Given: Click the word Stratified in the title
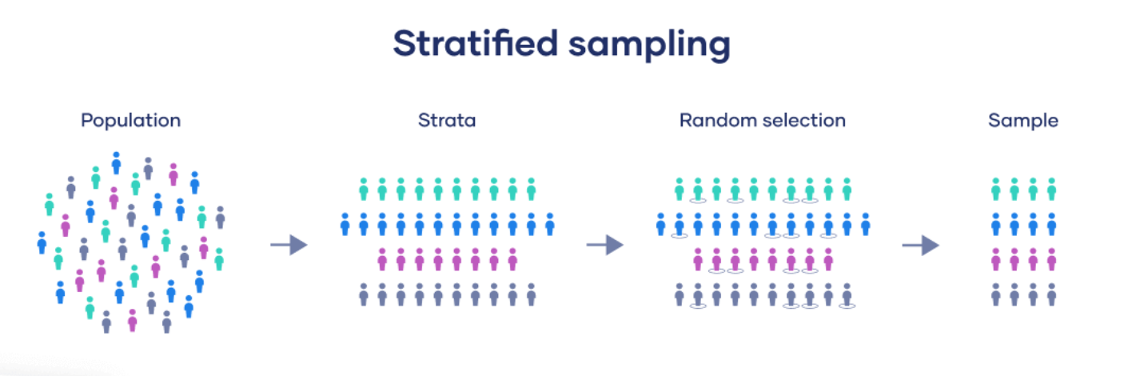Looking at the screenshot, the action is click(x=475, y=43).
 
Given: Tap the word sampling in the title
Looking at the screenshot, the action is click(x=649, y=46).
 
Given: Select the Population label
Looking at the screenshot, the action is click(x=131, y=121).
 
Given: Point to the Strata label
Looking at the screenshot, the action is click(x=447, y=121).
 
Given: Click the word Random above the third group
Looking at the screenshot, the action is click(x=718, y=121).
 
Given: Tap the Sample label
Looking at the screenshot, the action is click(x=1023, y=121).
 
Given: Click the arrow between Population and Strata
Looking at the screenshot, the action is click(x=289, y=245).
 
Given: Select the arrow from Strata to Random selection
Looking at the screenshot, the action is click(x=605, y=245).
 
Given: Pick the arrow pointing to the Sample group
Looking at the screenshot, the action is click(x=921, y=245).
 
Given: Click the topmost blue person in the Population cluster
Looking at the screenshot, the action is click(x=116, y=163).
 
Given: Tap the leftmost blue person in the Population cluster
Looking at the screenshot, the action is click(x=42, y=242).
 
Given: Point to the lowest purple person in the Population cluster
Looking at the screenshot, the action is click(x=133, y=320).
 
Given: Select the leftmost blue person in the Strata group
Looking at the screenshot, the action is click(x=345, y=224).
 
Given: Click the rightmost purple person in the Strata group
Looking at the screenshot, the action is click(x=512, y=259).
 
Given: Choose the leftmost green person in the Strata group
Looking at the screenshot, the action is click(x=364, y=190).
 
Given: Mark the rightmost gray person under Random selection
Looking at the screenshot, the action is click(x=847, y=295).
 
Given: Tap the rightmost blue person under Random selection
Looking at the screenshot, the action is click(x=866, y=224).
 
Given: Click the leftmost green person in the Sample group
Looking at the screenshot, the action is click(x=996, y=190).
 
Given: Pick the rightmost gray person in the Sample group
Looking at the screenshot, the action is click(x=1052, y=294).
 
